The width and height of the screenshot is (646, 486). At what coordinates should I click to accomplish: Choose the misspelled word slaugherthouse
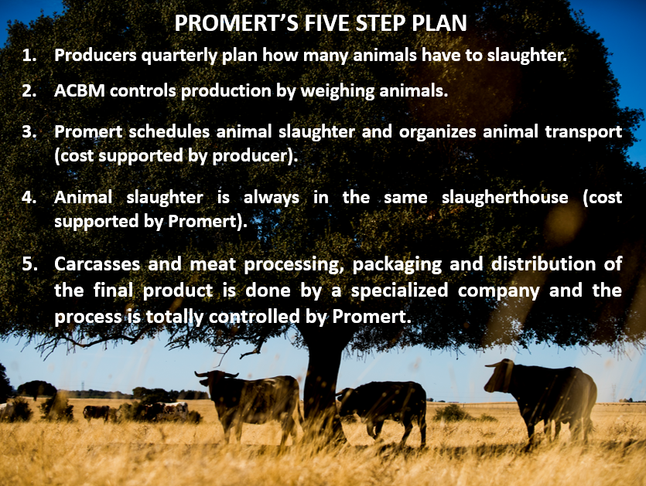(x=504, y=198)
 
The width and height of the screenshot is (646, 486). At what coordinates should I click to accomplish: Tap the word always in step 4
(x=271, y=198)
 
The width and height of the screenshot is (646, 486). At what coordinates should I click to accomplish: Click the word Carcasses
(x=97, y=264)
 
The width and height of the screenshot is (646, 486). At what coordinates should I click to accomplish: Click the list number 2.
(x=29, y=91)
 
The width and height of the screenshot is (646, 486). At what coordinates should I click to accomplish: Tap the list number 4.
(x=29, y=198)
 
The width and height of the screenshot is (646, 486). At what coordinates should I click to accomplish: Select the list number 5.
(x=29, y=264)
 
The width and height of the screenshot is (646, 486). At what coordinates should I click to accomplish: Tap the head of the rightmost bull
(x=499, y=376)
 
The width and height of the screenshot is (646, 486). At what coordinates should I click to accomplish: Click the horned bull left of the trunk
(x=251, y=406)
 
